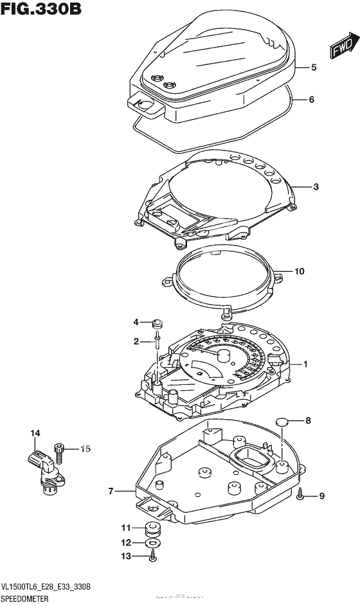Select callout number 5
pos(315,67)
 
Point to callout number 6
pos(311,100)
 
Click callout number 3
pos(316,187)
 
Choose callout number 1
pos(305,364)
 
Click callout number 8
pos(307,421)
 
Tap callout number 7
pos(111,492)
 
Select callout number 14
pos(35,434)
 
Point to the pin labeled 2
pos(156,344)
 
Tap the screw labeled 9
pos(301,494)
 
